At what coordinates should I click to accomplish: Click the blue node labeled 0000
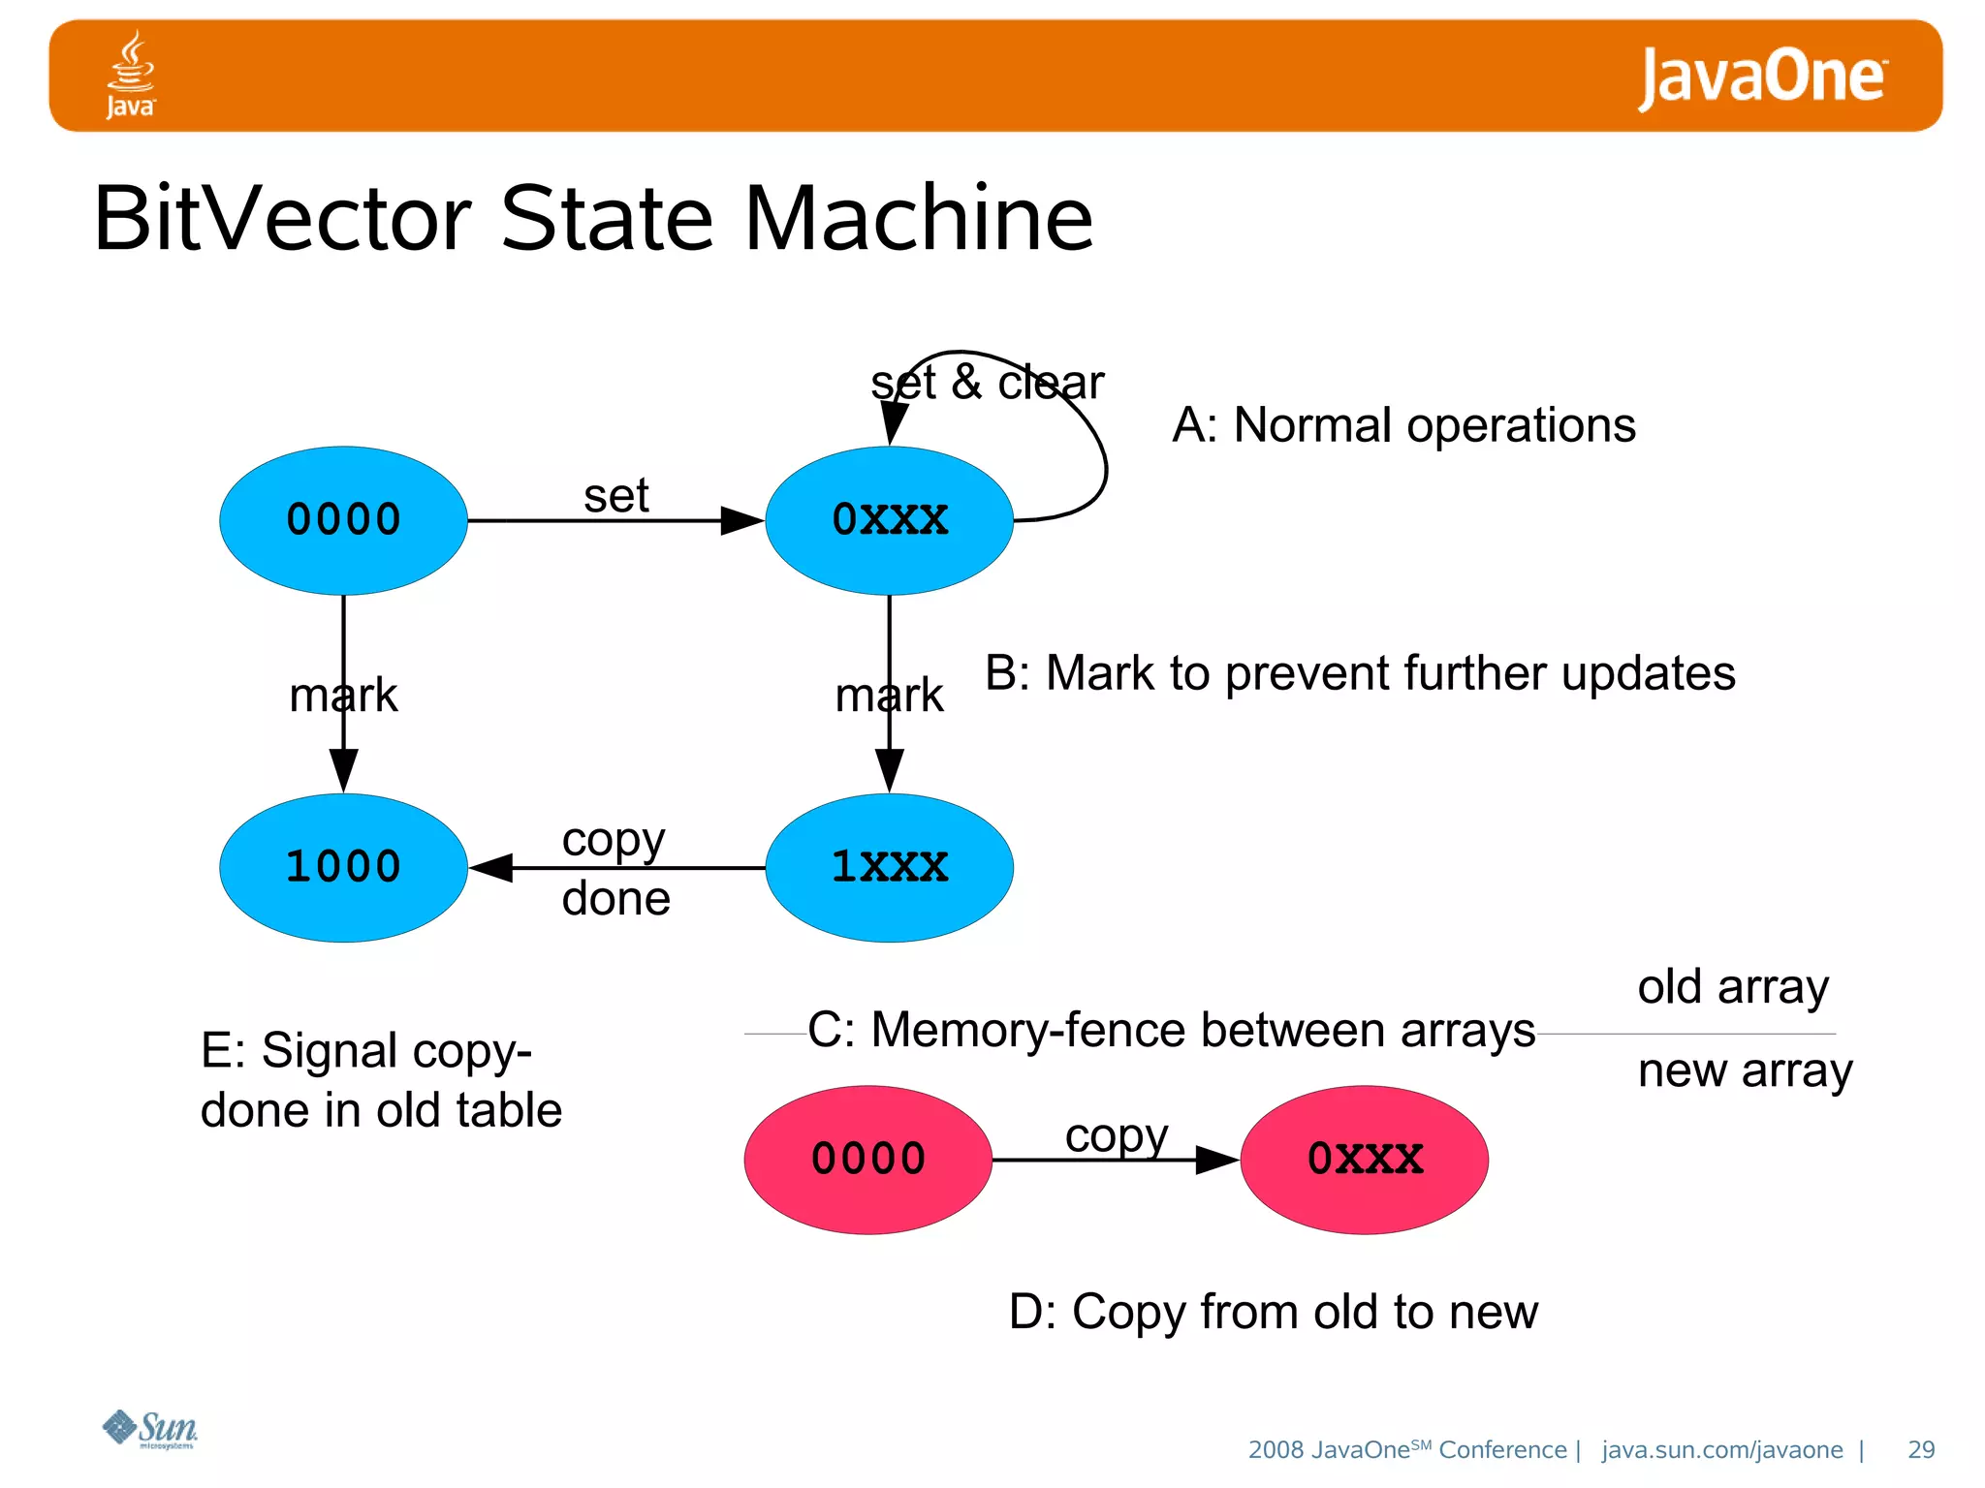coord(343,520)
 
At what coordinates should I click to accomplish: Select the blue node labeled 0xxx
coord(889,520)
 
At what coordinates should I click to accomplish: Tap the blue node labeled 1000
coord(343,867)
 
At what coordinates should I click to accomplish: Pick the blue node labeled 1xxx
coord(889,867)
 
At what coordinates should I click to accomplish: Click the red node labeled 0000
coord(867,1160)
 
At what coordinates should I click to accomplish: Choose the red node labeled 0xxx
coord(1364,1160)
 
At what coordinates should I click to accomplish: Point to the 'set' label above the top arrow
coord(615,496)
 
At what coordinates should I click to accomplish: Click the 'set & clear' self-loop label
coord(987,383)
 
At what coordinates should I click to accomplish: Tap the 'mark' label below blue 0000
coord(343,695)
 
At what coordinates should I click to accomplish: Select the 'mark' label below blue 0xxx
coord(889,695)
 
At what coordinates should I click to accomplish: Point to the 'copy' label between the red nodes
coord(1116,1135)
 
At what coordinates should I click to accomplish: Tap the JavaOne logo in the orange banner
coord(1761,77)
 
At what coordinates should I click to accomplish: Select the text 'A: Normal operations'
coord(1403,425)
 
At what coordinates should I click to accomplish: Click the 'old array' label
coord(1733,987)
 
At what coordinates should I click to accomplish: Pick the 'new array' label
coord(1745,1071)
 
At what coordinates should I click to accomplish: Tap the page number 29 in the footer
coord(1920,1449)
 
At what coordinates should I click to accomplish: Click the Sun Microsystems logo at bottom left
coord(150,1429)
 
